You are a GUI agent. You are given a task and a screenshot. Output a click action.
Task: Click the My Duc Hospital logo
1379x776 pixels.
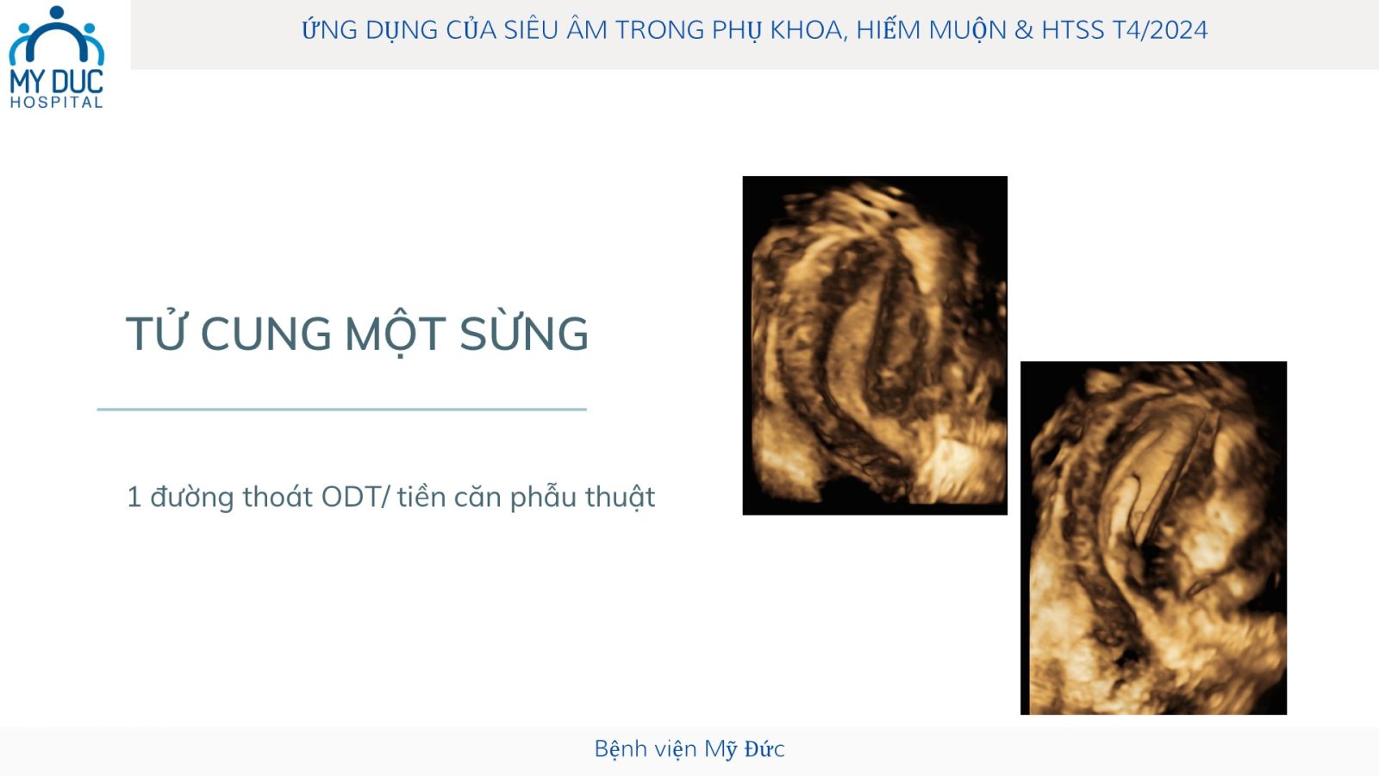click(x=56, y=57)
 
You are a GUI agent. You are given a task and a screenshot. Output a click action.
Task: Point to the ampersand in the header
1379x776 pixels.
click(x=1024, y=30)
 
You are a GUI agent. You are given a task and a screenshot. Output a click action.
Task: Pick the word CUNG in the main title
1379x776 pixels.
click(x=266, y=334)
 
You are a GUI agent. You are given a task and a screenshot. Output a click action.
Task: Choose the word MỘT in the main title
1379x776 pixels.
click(x=396, y=335)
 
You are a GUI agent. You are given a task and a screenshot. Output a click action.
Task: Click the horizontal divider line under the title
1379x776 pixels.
click(x=341, y=409)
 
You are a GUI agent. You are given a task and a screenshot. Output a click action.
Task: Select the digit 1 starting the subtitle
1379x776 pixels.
click(x=134, y=497)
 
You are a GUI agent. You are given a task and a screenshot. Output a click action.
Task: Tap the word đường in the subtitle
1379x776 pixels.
click(x=192, y=498)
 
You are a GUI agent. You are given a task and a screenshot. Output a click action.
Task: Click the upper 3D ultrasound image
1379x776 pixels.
click(x=875, y=346)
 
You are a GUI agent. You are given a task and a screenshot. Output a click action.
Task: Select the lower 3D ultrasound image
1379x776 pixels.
click(x=1154, y=538)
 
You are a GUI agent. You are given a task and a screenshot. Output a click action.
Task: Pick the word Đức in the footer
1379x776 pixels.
click(x=764, y=748)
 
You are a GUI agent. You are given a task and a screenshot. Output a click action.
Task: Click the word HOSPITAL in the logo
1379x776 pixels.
click(x=56, y=103)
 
